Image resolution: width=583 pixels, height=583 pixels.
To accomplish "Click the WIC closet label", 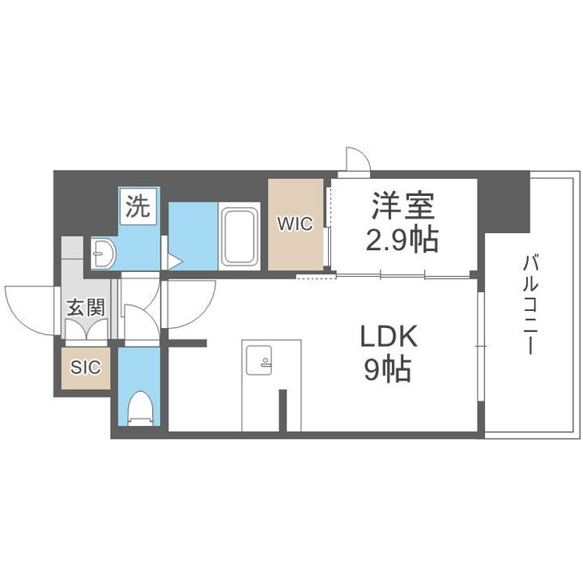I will (x=296, y=225).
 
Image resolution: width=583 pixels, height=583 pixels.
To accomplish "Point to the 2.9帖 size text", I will (x=403, y=240).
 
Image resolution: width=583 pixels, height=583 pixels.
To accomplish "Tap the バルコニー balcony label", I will (x=531, y=304).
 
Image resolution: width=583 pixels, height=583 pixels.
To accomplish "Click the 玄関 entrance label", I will (x=84, y=308).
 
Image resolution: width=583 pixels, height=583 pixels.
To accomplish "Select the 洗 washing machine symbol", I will (x=138, y=207).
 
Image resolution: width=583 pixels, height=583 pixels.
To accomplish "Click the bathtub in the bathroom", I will (x=239, y=237).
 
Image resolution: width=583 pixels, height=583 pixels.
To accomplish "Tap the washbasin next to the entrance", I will (x=104, y=254).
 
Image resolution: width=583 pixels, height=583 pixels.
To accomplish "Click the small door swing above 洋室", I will (x=357, y=160).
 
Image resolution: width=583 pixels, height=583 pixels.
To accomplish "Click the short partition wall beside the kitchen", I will (x=283, y=410).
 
